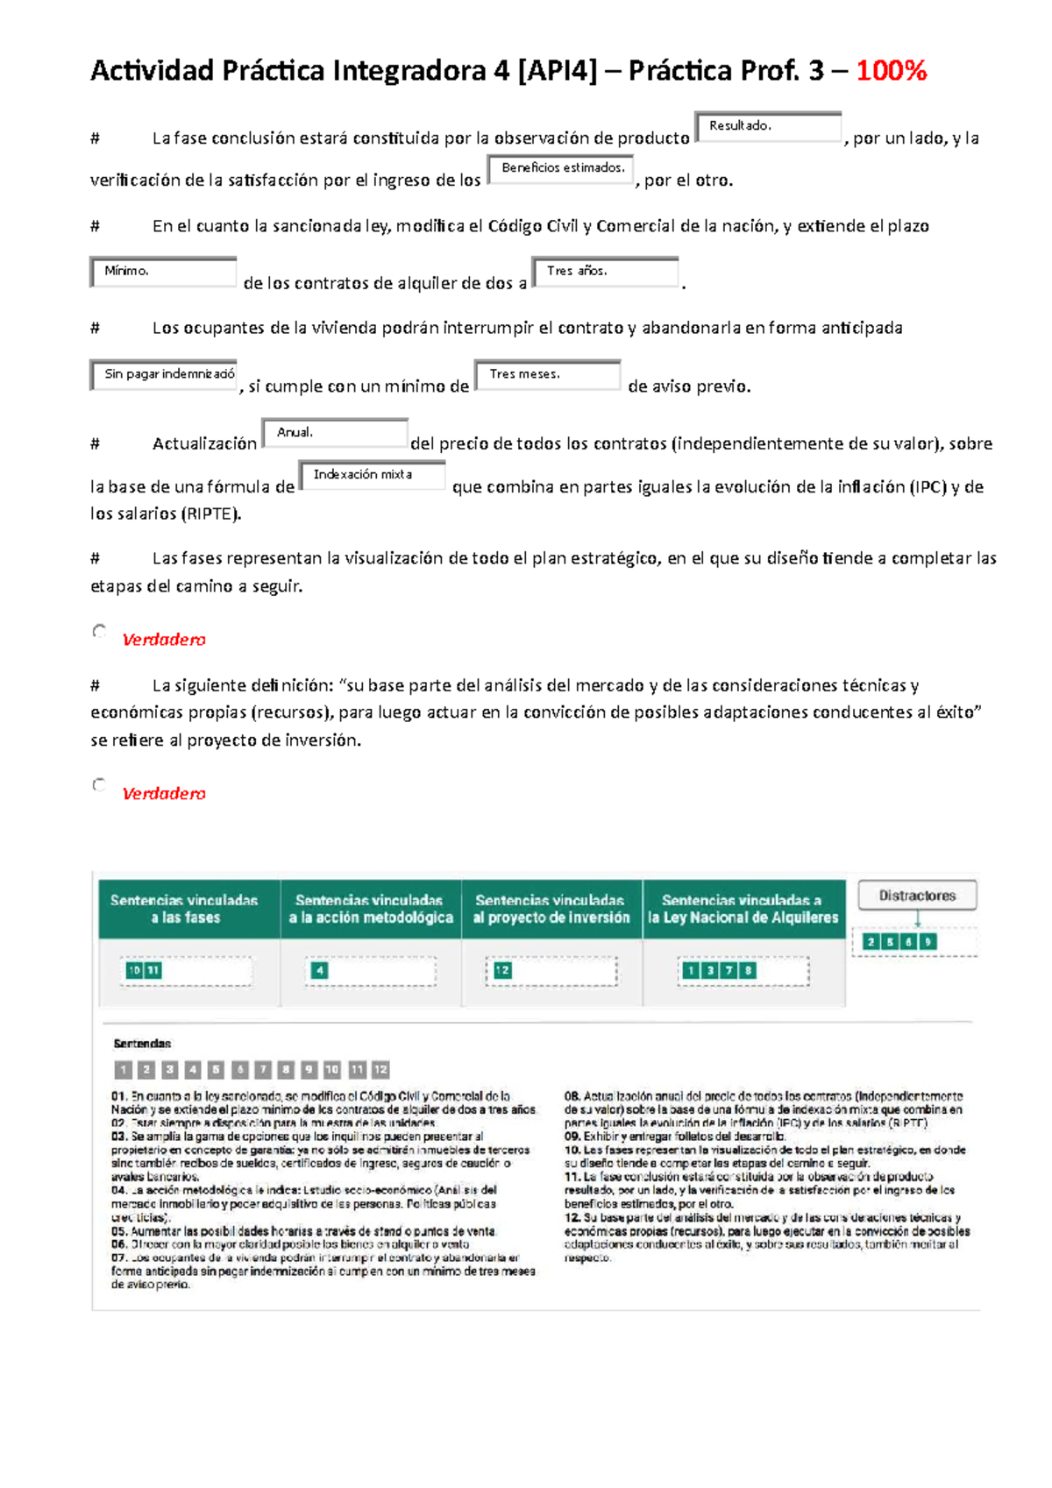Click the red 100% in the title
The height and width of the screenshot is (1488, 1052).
(891, 71)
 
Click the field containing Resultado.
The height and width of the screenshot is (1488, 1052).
(768, 126)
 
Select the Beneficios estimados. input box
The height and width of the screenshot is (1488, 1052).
(560, 168)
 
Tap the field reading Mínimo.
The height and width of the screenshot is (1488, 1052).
(163, 272)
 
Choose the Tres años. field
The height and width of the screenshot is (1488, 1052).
(605, 272)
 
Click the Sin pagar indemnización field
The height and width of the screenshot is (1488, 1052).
(164, 374)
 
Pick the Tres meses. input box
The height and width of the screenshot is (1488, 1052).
(548, 374)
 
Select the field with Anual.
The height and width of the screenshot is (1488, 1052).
(336, 433)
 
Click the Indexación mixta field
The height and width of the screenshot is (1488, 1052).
(373, 475)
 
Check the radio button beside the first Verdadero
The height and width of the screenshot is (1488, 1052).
(100, 631)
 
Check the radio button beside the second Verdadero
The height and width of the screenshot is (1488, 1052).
(100, 785)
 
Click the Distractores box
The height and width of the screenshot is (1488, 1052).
(917, 896)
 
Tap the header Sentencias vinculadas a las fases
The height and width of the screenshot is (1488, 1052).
(185, 909)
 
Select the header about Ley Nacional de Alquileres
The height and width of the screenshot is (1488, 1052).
(743, 909)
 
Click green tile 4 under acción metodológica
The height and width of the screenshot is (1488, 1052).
(320, 970)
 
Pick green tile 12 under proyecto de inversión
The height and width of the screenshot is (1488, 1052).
(502, 970)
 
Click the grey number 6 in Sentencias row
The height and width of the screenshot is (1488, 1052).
(239, 1070)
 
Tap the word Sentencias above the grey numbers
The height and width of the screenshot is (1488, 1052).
(142, 1044)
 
